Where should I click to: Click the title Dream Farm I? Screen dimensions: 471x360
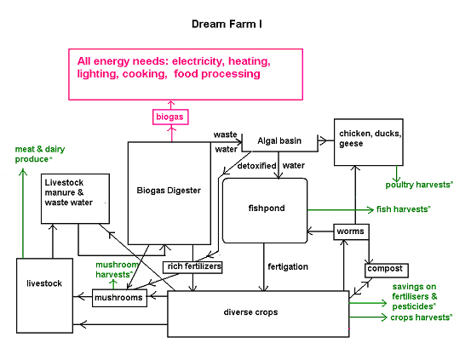pos(227,24)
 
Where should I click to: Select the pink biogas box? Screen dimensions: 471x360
pos(170,117)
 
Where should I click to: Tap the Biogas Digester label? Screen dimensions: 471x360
pos(169,191)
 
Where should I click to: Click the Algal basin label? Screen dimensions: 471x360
pos(279,140)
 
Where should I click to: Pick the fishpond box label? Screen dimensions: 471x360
pos(267,208)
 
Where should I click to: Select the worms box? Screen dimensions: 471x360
pos(351,231)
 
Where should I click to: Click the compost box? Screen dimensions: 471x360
pos(387,271)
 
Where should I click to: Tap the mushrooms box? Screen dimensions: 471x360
pos(119,298)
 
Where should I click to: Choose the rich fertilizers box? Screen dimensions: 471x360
pos(192,267)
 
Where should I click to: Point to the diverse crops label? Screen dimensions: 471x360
pos(250,312)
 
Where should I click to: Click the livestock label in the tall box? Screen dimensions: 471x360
pos(44,283)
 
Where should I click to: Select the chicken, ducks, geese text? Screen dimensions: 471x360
pos(370,139)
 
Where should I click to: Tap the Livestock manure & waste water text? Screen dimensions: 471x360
pos(68,192)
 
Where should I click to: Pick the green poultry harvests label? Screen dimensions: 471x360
pos(419,185)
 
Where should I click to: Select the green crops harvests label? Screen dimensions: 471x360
pos(421,317)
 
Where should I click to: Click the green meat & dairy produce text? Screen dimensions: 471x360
pos(40,154)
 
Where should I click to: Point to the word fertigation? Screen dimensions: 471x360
pos(288,266)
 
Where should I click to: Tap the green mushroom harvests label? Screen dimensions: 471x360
pos(117,270)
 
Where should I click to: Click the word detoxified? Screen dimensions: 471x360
pos(256,166)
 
